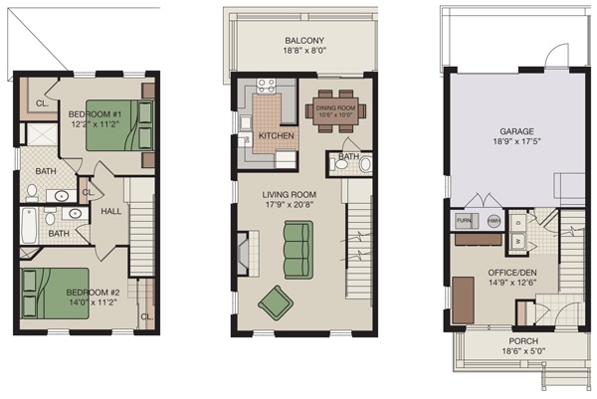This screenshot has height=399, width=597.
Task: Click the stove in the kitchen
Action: [267, 87]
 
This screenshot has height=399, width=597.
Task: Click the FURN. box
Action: [465, 221]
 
